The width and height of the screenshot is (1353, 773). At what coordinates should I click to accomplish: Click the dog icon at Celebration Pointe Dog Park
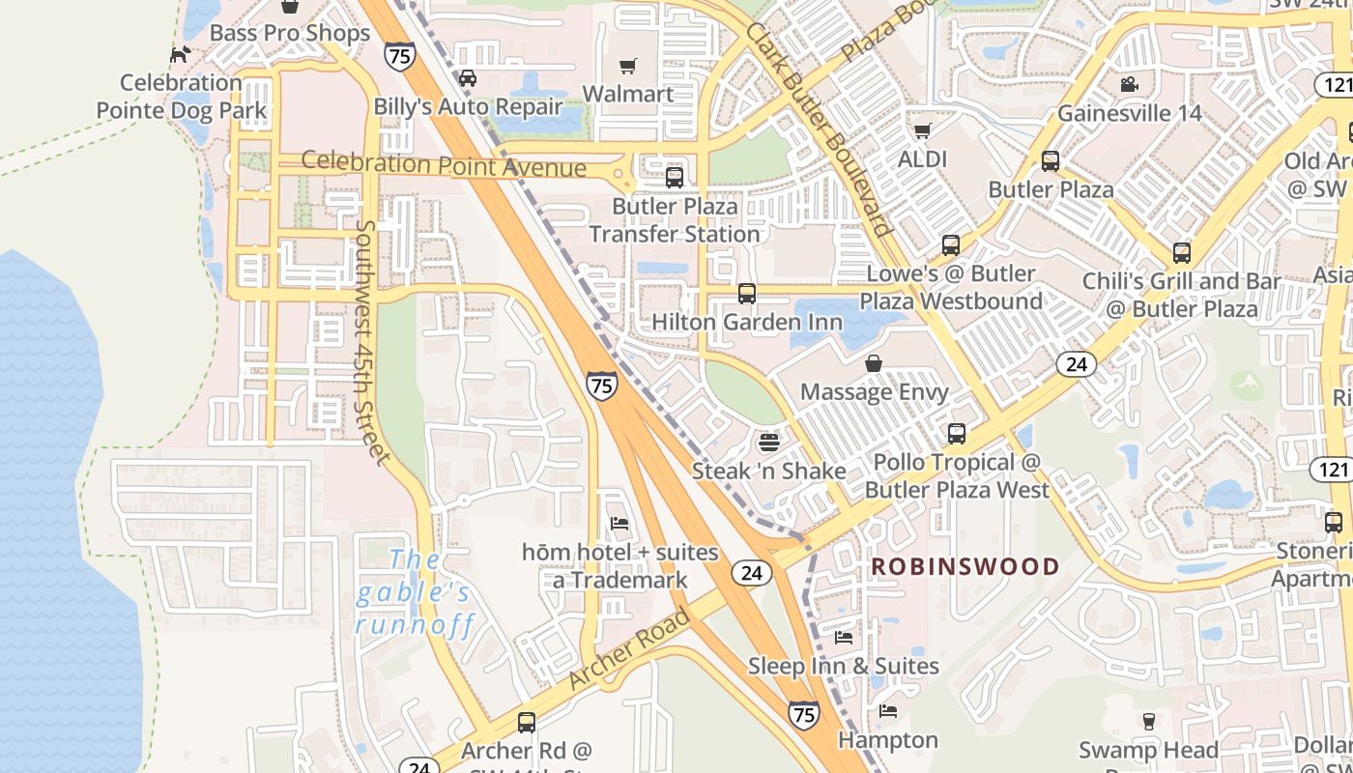click(x=180, y=54)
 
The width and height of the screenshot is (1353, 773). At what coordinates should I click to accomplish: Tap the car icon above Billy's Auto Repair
click(x=468, y=78)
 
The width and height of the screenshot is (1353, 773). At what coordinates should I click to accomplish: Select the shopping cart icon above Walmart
click(x=628, y=66)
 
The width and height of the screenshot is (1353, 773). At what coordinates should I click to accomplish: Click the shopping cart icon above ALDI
click(x=923, y=130)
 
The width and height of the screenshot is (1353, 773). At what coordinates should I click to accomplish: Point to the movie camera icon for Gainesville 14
click(x=1129, y=85)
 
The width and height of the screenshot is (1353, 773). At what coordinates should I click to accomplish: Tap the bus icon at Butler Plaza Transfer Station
click(x=675, y=178)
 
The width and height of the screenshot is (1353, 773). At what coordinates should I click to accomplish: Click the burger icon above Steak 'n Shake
click(x=769, y=443)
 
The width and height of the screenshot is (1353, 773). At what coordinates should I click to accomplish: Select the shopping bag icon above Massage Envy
click(x=874, y=363)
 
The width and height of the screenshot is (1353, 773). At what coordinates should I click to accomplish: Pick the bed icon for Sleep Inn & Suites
click(x=844, y=638)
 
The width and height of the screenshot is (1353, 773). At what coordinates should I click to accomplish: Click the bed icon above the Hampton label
click(x=888, y=712)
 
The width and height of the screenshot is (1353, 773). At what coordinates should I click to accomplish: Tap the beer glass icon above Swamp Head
click(x=1148, y=721)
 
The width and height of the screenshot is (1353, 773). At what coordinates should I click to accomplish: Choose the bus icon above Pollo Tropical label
click(x=957, y=434)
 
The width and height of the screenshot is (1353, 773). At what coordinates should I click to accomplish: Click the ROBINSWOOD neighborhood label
click(x=965, y=567)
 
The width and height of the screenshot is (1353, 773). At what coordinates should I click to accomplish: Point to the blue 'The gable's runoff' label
click(x=415, y=592)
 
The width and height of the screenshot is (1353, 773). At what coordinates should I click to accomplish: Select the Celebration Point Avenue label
click(x=444, y=164)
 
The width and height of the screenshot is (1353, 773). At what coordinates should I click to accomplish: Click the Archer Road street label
click(x=629, y=648)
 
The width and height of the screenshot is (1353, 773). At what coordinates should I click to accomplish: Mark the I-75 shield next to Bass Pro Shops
click(x=398, y=55)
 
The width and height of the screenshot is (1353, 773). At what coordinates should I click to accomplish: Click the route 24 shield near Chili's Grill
click(x=1076, y=364)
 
